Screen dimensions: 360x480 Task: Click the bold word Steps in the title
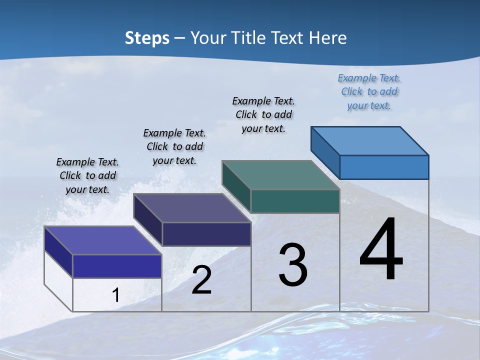point(147,38)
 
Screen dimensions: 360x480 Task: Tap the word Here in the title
point(328,38)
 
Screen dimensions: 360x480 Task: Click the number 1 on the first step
point(115,295)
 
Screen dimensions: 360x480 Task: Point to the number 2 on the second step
point(201,280)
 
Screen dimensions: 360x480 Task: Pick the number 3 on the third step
point(293,265)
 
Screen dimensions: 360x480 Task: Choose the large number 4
point(381,249)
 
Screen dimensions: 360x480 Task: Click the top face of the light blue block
point(370,140)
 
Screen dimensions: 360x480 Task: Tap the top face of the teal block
point(281,175)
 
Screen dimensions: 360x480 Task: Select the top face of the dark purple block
point(192,208)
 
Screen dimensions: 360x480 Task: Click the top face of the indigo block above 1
point(103,240)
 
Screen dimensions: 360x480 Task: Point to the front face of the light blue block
point(384,167)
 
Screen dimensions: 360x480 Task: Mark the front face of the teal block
point(295,201)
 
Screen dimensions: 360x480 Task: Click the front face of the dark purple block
point(206,234)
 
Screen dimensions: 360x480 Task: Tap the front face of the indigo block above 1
point(117,266)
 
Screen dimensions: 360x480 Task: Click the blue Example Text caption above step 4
point(369,91)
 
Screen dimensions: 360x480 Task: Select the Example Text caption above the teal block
point(263,114)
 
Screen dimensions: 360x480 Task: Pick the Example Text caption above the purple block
point(174,146)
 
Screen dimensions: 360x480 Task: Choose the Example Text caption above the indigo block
point(87,175)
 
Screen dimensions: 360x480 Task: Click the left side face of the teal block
point(236,186)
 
